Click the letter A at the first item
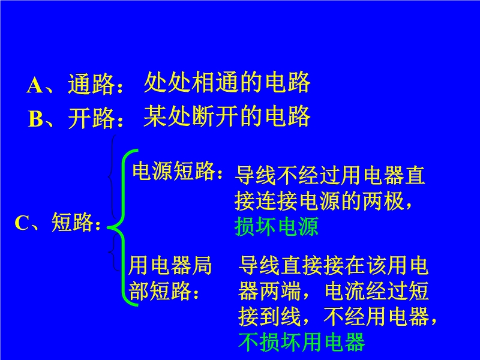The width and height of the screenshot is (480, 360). [35, 85]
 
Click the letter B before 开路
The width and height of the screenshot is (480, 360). [36, 118]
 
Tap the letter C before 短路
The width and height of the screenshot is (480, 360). [22, 223]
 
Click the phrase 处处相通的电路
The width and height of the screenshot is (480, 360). [227, 82]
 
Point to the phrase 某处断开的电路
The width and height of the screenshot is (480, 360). [227, 116]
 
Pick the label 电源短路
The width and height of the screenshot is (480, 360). [173, 170]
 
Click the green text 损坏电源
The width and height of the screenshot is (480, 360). [277, 227]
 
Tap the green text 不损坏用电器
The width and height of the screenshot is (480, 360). [302, 341]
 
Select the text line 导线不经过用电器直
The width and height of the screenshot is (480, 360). [329, 175]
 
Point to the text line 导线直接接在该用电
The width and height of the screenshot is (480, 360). [333, 265]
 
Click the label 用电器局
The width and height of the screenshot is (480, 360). [170, 265]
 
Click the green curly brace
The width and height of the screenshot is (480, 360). [124, 227]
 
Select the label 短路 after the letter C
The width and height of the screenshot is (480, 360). [72, 221]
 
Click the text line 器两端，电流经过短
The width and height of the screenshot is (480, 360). [333, 291]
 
